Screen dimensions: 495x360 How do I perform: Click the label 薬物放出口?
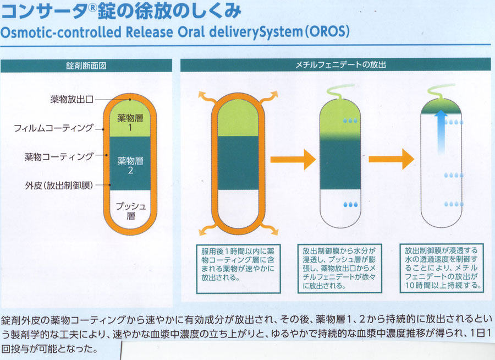72,99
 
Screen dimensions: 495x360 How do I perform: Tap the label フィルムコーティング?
54,128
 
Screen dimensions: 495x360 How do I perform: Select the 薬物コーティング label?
59,156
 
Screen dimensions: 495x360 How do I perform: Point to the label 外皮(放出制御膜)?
59,185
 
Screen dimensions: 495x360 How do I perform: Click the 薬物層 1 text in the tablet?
130,123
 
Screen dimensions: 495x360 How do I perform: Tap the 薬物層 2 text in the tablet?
130,165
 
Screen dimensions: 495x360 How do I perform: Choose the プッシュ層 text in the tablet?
131,211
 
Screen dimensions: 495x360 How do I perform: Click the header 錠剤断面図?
86,66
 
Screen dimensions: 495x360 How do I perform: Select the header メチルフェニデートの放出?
340,65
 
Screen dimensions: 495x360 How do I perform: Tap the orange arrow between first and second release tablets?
293,159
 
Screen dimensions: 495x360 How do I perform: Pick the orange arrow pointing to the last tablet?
392,159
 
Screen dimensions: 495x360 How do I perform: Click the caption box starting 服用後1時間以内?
238,269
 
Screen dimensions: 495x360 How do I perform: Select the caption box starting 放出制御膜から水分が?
340,269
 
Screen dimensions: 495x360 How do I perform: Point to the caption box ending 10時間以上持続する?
442,268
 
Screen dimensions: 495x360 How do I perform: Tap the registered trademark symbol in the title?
92,7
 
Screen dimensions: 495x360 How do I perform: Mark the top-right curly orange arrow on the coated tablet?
269,96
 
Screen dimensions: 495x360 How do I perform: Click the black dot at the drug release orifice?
130,100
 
